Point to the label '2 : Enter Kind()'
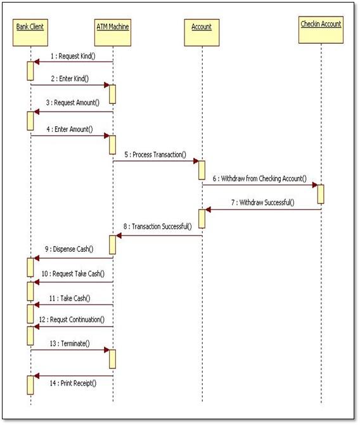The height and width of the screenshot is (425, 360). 70,79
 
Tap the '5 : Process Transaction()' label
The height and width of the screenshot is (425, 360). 155,154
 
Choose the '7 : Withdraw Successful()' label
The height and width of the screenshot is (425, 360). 262,202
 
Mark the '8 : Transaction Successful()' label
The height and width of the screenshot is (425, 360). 158,227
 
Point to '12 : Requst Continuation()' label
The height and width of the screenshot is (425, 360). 72,320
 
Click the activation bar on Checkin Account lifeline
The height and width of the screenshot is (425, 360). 321,194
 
